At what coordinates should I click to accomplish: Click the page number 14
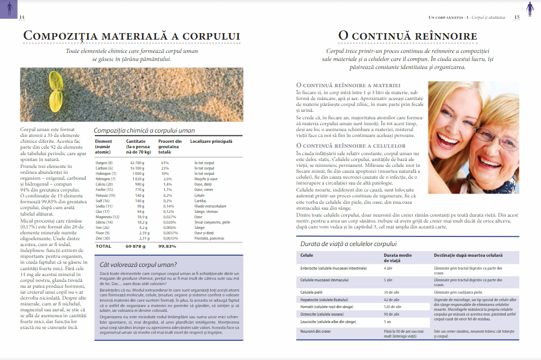[22, 17]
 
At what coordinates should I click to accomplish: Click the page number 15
[517, 17]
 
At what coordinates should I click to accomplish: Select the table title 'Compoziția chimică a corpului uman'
[144, 130]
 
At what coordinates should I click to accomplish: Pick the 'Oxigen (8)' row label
[104, 163]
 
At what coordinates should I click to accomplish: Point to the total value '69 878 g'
[136, 246]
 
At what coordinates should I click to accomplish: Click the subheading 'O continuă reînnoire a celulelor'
[350, 145]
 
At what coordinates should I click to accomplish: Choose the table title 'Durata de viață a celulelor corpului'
[348, 244]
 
